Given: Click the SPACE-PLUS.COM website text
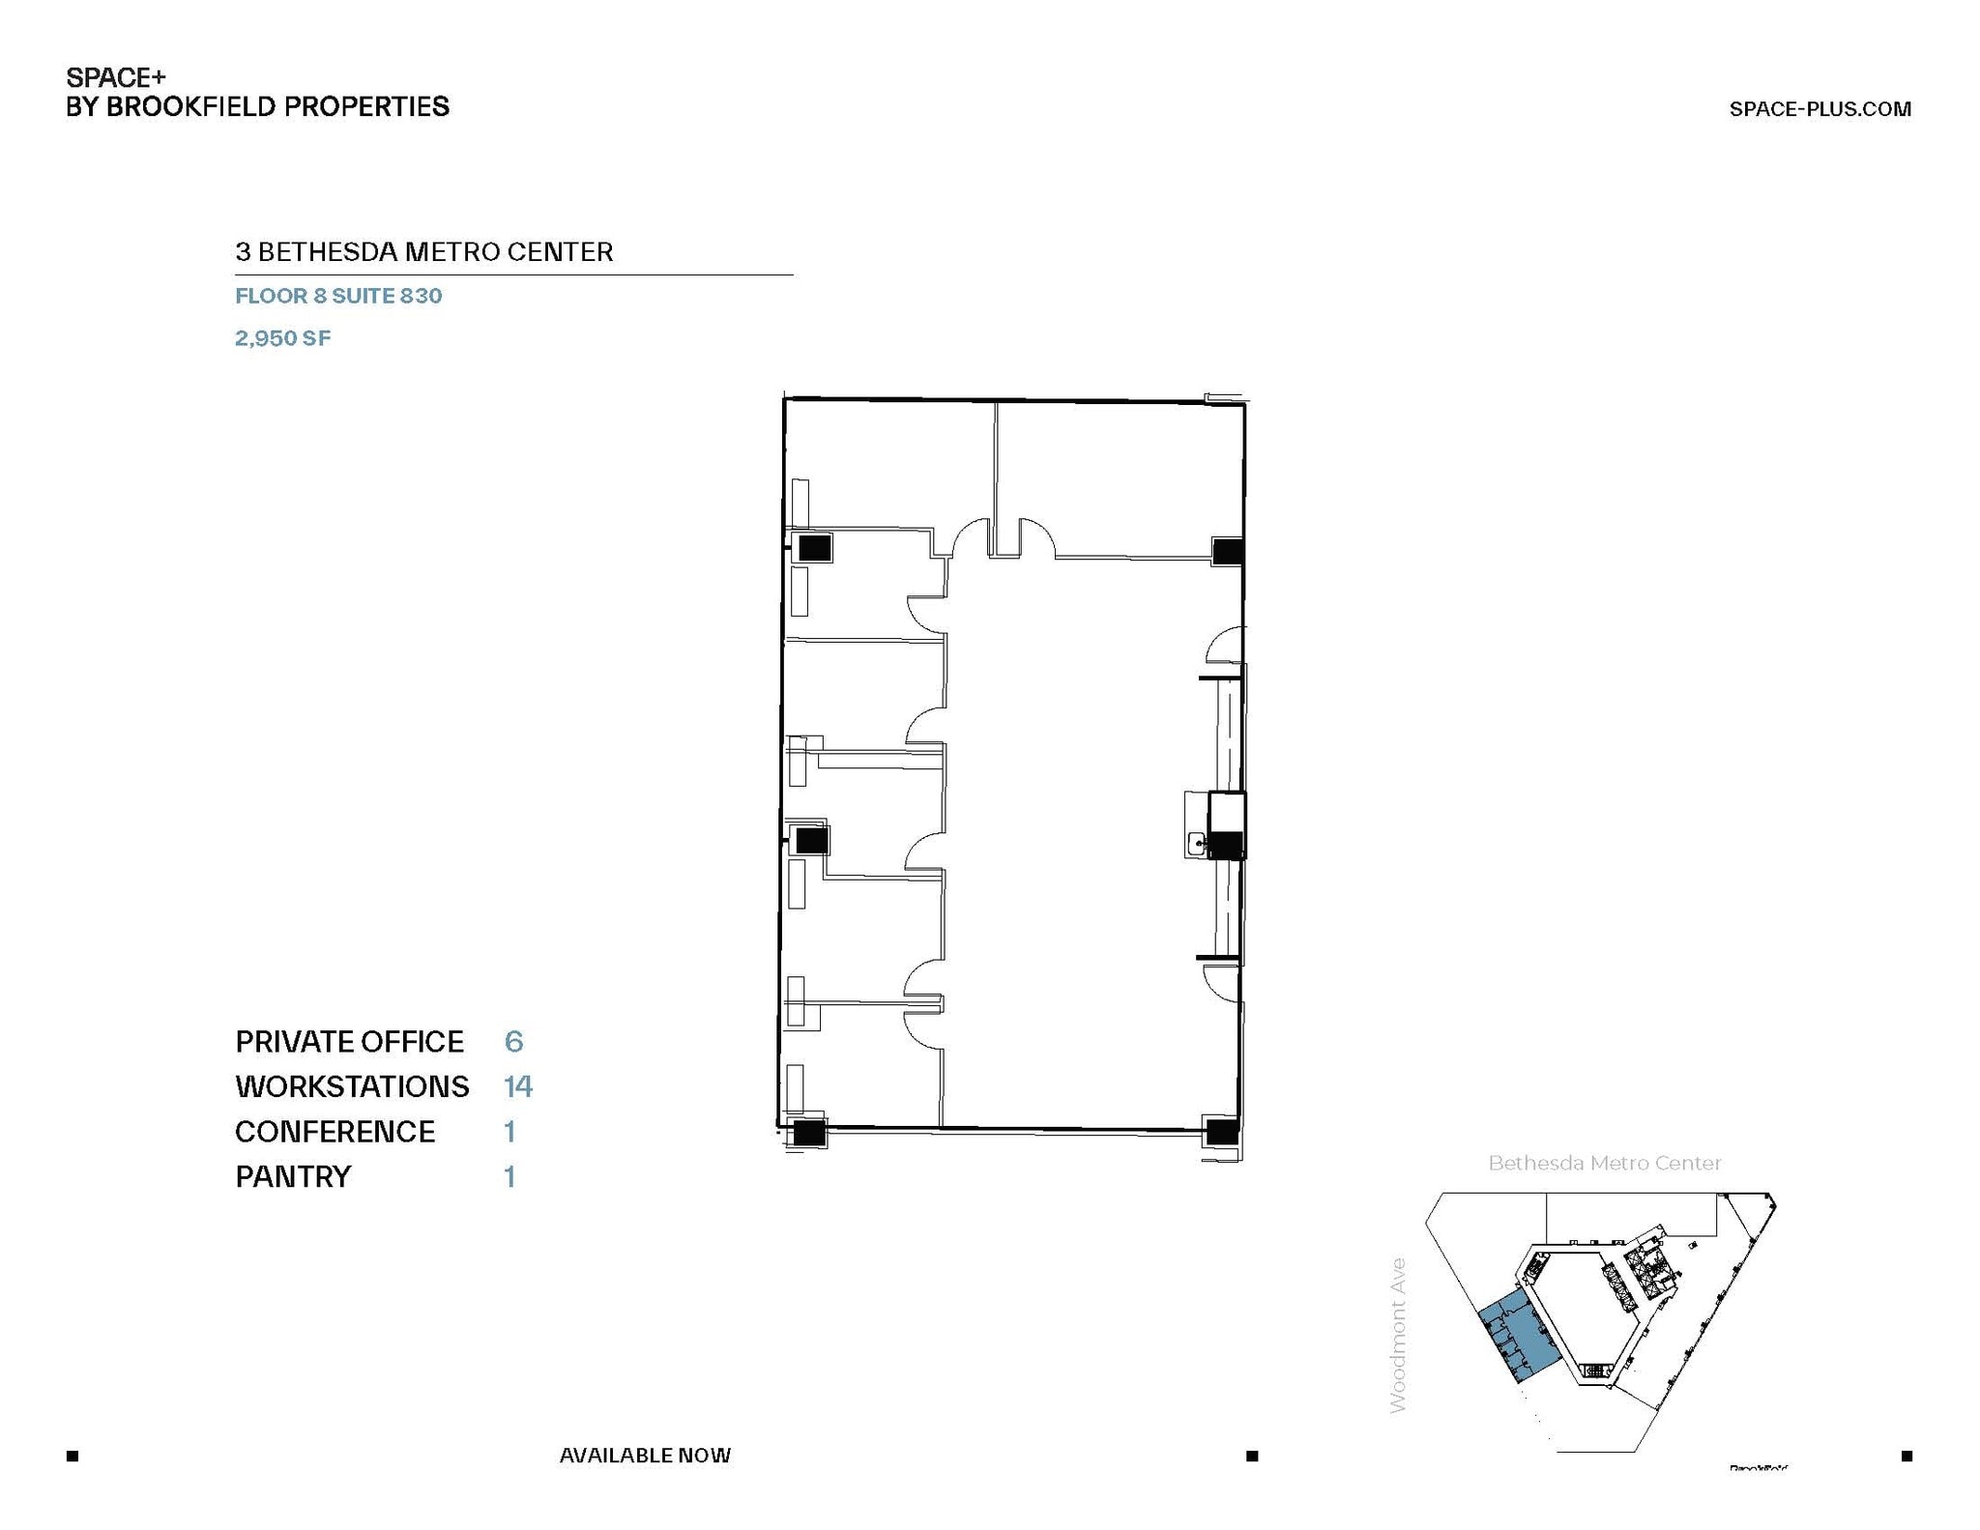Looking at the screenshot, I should coord(1820,109).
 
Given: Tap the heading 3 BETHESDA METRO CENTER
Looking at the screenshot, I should coord(423,252).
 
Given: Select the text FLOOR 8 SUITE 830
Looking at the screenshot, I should coord(338,296).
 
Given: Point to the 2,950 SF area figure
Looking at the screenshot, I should coord(282,338).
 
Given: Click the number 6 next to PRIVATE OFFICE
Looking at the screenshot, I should coord(513,1042).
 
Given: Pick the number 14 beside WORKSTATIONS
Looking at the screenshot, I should coord(517,1087).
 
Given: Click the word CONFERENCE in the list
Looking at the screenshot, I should coord(335,1132).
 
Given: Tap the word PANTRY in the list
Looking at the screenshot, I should coord(293,1177).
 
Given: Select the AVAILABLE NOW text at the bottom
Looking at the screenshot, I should coord(645,1456).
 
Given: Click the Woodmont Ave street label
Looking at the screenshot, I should coord(1398,1335).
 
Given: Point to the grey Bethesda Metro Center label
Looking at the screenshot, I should coord(1604,1164).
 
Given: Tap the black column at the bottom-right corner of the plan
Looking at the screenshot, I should coord(1221,1131).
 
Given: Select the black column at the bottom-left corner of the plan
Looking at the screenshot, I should coord(808,1132).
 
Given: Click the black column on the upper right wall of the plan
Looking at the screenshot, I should coord(1227,552).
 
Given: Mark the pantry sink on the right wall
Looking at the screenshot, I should coord(1196,844).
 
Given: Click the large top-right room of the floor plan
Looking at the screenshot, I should coord(1120,478).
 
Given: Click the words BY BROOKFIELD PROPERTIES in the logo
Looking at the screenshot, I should coord(257,107).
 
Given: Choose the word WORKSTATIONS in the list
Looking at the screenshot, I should coord(352,1087).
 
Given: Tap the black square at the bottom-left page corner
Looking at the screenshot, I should coord(73,1456).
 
